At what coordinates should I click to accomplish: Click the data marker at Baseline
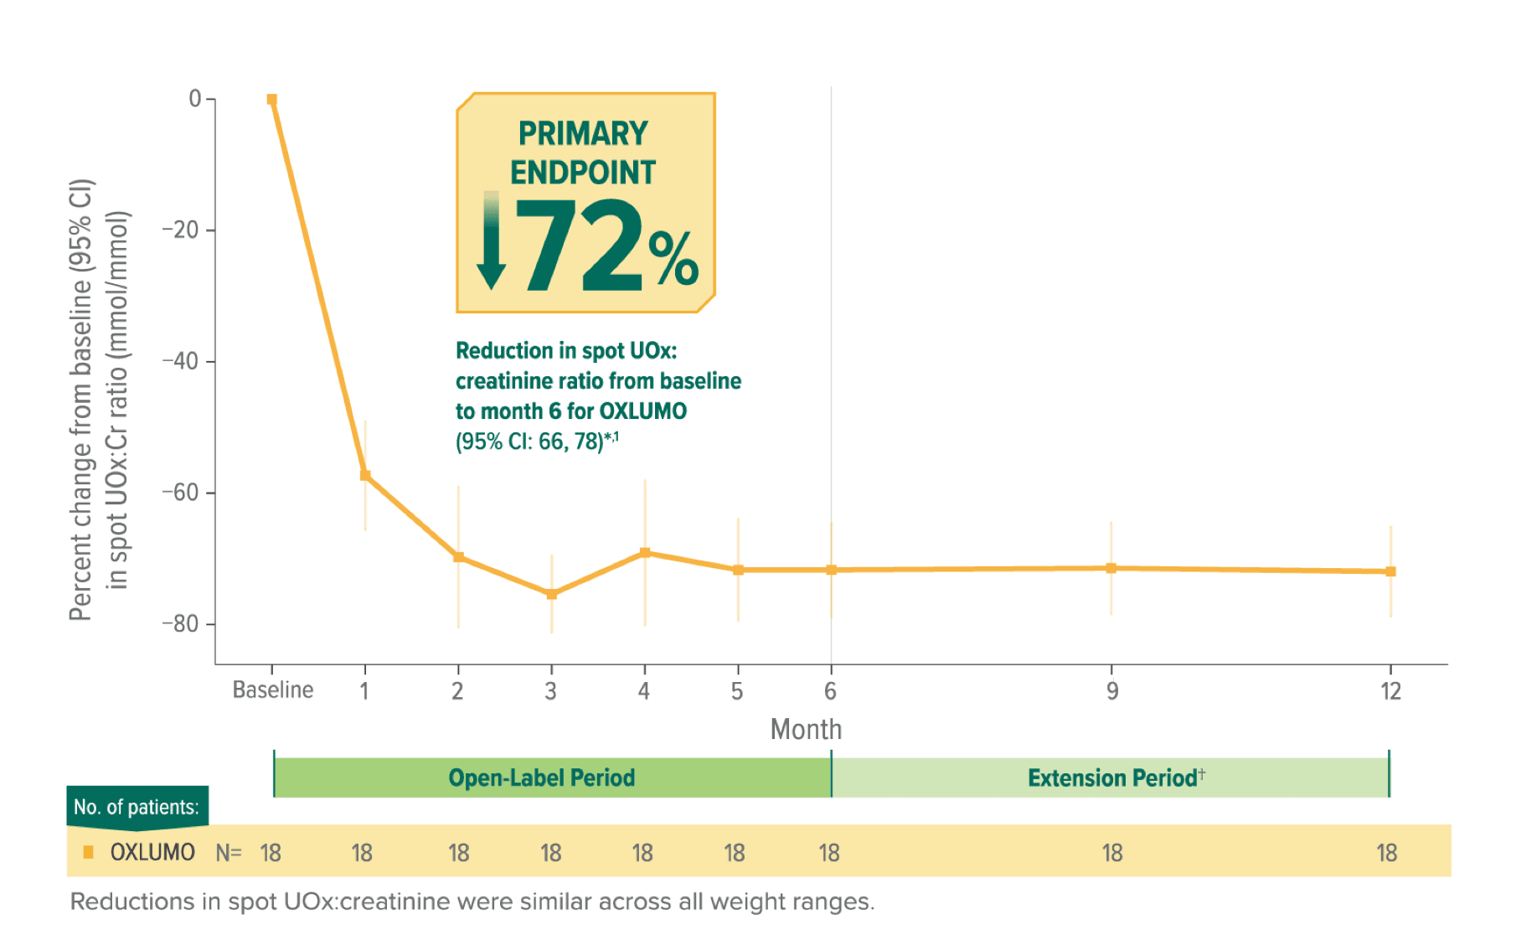coord(271,100)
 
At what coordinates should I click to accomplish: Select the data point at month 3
coord(551,594)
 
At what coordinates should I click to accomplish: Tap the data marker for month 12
coord(1390,571)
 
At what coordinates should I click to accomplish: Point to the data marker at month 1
coord(365,475)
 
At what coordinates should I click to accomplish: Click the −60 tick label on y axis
coord(180,493)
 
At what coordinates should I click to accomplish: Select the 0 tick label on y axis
coord(195,99)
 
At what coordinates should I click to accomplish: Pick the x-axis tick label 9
coord(1111,691)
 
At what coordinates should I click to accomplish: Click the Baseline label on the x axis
coord(273,690)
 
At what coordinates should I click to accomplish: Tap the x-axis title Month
coord(806,730)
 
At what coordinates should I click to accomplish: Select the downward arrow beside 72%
coord(492,241)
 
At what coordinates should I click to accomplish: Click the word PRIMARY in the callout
coord(583,134)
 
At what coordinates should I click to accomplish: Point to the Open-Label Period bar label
coord(542,778)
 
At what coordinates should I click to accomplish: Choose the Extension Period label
coord(1112,778)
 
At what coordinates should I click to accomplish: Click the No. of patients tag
coord(137,807)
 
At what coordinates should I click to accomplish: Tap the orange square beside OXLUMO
coord(89,853)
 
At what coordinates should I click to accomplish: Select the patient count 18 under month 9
coord(1111,853)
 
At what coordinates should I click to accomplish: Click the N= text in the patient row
coord(229,853)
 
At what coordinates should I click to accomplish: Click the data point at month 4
coord(645,553)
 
